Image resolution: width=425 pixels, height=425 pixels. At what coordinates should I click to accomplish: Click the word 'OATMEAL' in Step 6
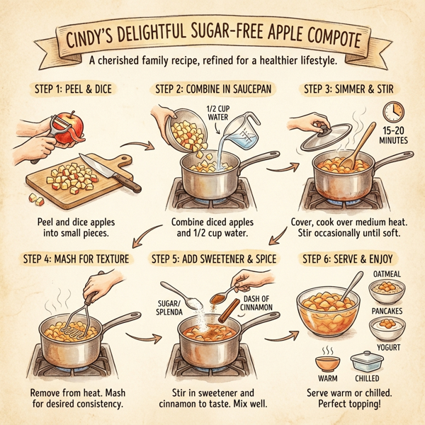pyautogui.click(x=388, y=275)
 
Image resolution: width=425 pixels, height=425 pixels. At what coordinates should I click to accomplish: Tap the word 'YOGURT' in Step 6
pyautogui.click(x=388, y=348)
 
